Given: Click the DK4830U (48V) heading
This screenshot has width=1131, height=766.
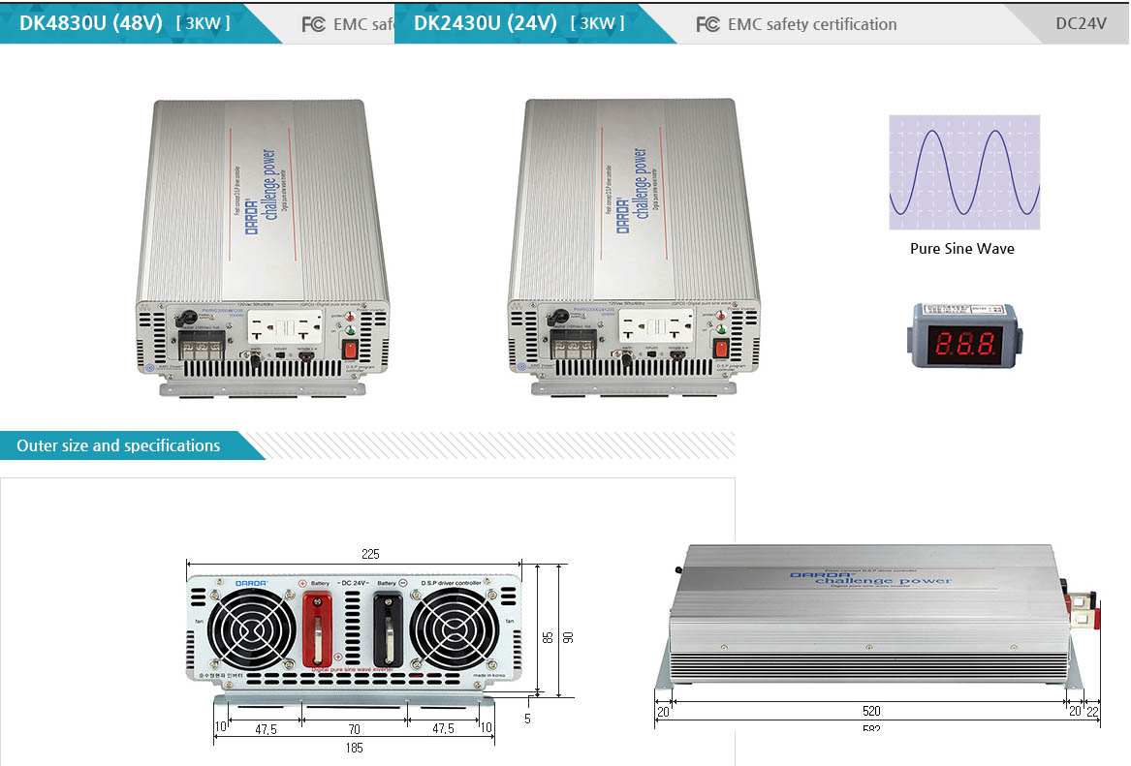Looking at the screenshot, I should coord(91,23).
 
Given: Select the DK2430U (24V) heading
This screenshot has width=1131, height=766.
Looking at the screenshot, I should coord(486,23).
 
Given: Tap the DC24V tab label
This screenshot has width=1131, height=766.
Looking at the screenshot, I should coord(1080,23).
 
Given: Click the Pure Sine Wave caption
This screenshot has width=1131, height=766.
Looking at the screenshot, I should coord(961,249).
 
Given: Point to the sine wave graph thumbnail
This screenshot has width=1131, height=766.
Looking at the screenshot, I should coord(964,172).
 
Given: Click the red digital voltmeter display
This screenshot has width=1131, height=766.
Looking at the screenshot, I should coord(961,342).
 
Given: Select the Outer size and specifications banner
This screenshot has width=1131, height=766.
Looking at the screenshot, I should coord(118,445).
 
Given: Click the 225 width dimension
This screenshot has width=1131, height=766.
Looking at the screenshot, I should coord(369,555).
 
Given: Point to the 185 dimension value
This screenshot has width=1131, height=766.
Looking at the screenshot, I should coord(353,747).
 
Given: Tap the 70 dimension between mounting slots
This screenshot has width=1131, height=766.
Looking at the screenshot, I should coord(354,728).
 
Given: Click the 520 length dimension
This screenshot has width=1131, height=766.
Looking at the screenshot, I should coord(871,711).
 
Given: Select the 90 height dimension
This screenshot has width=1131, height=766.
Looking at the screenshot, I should coord(569,636).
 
